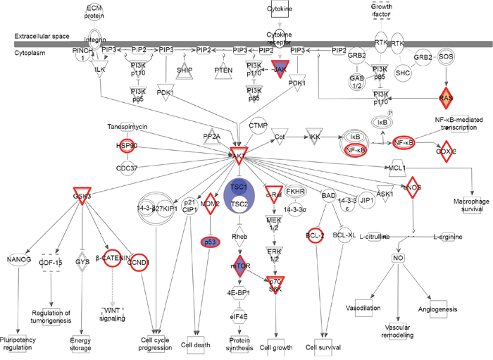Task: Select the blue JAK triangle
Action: [x=279, y=69]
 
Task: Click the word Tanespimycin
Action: [x=127, y=128]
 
